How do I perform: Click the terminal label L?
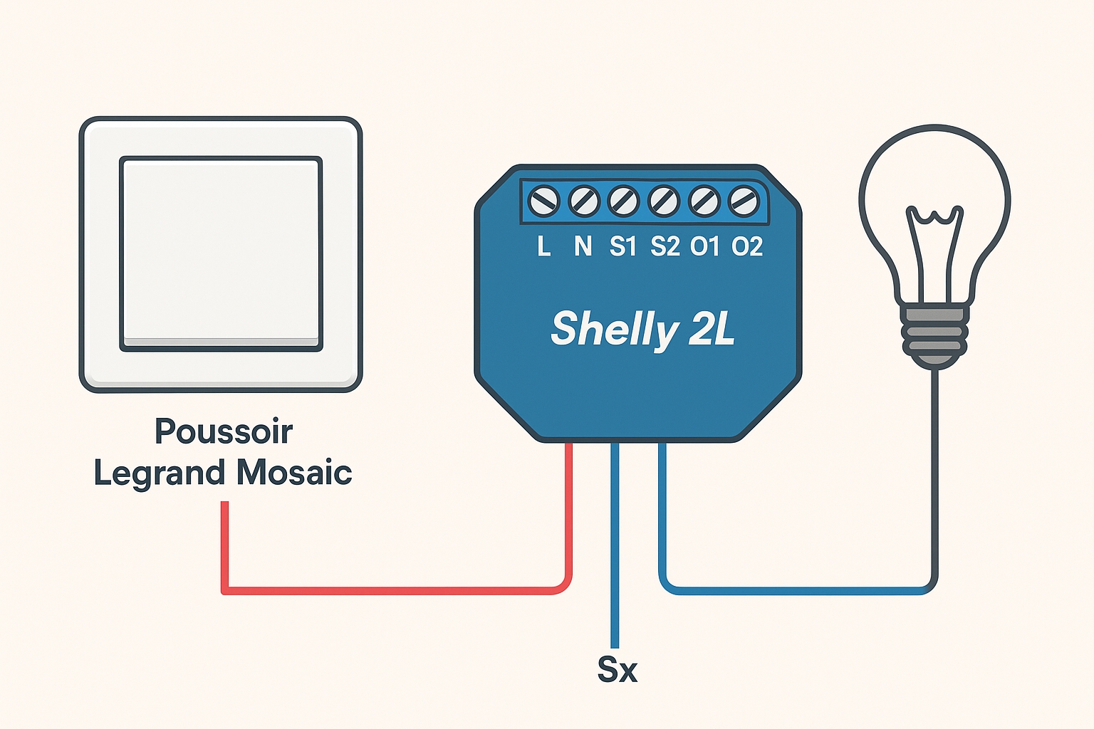click(x=544, y=246)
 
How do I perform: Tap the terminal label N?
click(x=583, y=246)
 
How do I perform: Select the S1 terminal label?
click(x=623, y=246)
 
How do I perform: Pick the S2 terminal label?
click(x=665, y=246)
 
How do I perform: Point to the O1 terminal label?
click(x=705, y=246)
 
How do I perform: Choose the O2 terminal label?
click(x=747, y=246)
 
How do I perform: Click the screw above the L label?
click(x=545, y=201)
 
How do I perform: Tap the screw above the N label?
click(x=584, y=201)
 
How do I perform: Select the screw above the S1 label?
click(x=624, y=201)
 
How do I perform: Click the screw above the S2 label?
click(x=664, y=201)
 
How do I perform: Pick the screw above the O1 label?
click(x=704, y=201)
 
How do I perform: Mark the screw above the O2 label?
click(x=744, y=201)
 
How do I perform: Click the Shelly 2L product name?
click(x=642, y=329)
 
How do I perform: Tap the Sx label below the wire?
click(x=617, y=670)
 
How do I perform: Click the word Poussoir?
click(x=224, y=431)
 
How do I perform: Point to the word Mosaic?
click(x=294, y=473)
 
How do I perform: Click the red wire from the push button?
click(x=392, y=590)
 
